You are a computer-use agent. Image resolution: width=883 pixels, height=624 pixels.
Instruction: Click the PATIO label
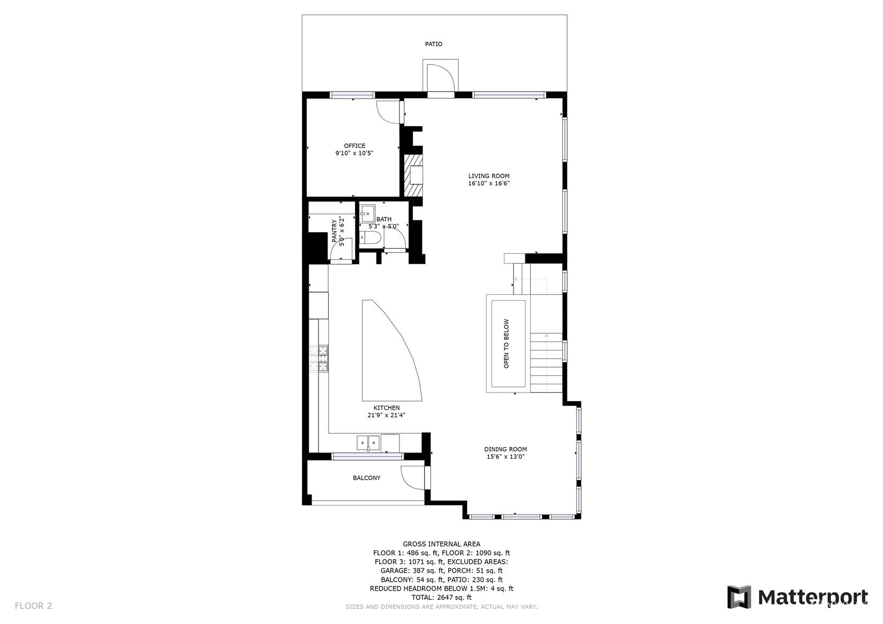pos(434,44)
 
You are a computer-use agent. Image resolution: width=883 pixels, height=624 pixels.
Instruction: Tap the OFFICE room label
pos(354,146)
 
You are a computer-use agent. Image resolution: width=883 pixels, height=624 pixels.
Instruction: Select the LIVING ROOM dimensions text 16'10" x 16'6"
pos(489,183)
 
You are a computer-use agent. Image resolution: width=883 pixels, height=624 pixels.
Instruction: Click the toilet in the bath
pos(370,237)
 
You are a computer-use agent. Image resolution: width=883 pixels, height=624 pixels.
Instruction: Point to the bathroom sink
pos(367,213)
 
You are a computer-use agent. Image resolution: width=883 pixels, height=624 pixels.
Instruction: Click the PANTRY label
pos(335,231)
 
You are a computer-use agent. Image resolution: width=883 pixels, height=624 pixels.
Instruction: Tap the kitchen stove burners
pos(318,358)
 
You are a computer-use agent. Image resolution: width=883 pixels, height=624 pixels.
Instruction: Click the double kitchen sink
pos(368,443)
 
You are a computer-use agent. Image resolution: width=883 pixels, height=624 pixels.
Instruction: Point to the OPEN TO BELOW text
pos(506,344)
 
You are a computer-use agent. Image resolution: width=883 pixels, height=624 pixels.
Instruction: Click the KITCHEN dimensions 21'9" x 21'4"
pos(387,415)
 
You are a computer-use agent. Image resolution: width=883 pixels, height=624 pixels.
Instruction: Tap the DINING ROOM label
pos(506,449)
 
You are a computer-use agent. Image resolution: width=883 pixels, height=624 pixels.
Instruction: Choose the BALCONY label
pos(367,478)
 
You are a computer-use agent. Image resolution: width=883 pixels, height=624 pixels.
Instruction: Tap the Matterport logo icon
pos(739,597)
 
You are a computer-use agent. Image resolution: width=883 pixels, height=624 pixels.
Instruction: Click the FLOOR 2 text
pos(33,606)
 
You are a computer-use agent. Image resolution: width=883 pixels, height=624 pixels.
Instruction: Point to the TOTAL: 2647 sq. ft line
pos(442,598)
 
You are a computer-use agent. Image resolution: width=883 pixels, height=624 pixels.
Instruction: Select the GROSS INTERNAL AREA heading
pos(442,544)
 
